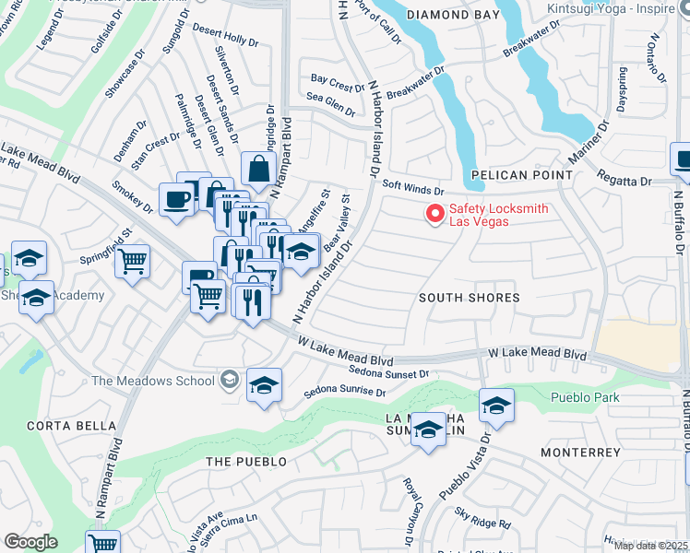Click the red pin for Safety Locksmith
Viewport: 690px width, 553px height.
(x=434, y=213)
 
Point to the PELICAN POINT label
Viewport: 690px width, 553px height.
(x=510, y=174)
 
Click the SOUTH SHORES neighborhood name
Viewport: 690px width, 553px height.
(x=469, y=298)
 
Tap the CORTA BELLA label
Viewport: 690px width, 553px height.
(x=58, y=426)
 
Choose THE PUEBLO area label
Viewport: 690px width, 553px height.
(x=246, y=461)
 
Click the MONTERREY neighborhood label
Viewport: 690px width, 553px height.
(x=580, y=453)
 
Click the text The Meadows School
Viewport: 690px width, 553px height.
(x=152, y=381)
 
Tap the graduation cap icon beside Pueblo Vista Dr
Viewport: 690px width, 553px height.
(x=496, y=406)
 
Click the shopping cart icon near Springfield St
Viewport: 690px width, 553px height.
(x=133, y=260)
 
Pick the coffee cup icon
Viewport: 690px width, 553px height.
(x=176, y=199)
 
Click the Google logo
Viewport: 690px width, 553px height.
(x=31, y=542)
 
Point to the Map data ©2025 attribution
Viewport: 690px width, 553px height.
(x=651, y=546)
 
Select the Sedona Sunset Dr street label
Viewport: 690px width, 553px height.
(x=390, y=373)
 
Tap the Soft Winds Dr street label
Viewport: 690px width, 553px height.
(x=413, y=190)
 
